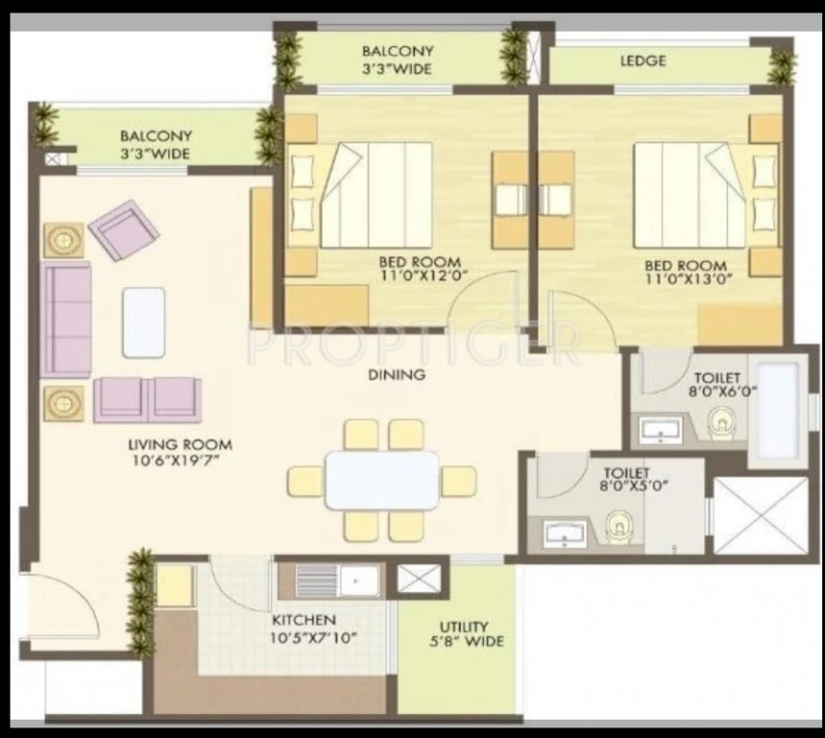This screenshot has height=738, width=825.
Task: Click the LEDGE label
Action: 643,61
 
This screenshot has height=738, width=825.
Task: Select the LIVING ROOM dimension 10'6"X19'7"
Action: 176,461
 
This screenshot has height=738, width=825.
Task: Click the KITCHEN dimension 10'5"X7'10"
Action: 314,638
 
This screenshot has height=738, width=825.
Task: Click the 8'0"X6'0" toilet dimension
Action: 722,392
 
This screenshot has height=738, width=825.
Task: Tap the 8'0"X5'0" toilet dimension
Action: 634,485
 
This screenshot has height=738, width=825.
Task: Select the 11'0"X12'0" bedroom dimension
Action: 423,275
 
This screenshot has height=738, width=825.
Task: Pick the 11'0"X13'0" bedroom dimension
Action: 689,279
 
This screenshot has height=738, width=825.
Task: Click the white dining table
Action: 382,480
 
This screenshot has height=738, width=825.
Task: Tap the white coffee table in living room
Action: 144,323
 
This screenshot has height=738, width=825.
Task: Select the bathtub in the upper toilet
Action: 778,411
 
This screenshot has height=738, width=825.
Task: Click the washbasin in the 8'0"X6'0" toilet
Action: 661,429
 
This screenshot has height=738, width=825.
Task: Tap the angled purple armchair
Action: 124,230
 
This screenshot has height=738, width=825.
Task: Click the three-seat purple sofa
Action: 66,320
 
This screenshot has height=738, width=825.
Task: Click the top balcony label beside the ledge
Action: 398,60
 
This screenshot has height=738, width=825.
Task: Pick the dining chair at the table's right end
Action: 459,481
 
